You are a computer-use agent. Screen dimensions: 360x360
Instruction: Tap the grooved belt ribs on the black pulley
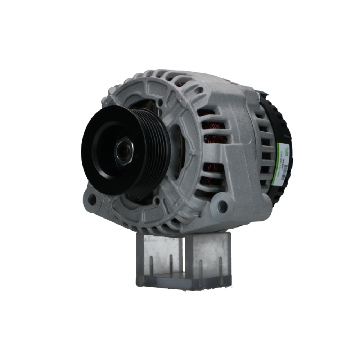click(158, 151)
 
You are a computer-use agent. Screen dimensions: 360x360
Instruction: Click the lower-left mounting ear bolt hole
click(92, 199)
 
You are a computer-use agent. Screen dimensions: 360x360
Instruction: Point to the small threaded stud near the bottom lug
click(198, 215)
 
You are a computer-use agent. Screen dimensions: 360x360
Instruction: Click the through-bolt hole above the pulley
click(159, 103)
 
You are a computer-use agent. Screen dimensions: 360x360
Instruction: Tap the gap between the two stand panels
click(184, 256)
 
